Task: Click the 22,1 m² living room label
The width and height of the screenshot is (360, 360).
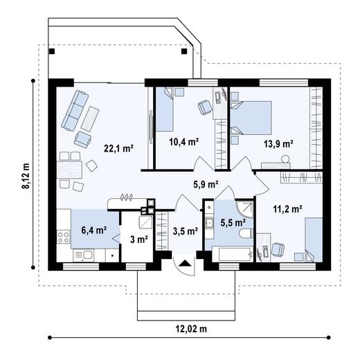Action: pos(118,147)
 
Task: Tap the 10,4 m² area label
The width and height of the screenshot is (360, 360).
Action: pos(184,142)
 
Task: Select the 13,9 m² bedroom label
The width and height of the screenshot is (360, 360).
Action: pos(278,143)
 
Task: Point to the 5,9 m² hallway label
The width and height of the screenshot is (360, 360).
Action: pos(206,185)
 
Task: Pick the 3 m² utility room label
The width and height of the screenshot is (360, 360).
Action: pos(138,240)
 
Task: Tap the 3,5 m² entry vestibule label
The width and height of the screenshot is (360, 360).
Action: pos(185,231)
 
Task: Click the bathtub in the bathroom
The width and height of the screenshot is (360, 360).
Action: pos(228,253)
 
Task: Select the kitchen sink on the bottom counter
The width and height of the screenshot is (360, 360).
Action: pos(87,255)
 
